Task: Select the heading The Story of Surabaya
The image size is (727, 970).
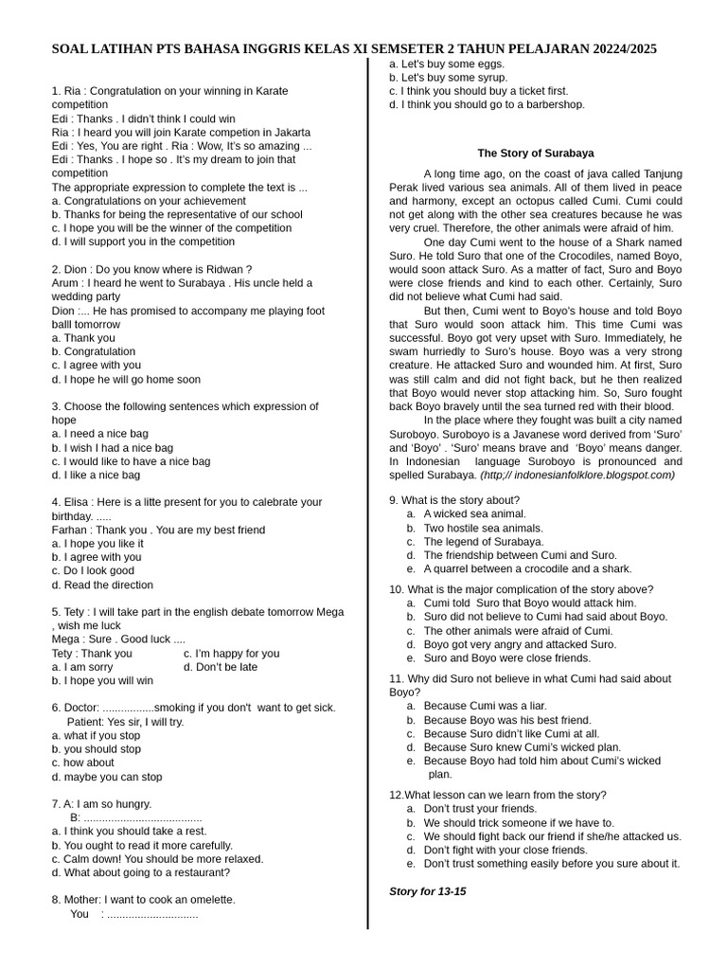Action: click(x=536, y=153)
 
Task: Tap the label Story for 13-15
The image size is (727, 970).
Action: click(x=427, y=891)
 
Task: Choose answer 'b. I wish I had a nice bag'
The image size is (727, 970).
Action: click(x=113, y=447)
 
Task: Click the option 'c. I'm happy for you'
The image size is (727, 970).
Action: click(x=231, y=653)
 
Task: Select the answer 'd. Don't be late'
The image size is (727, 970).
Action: click(x=220, y=667)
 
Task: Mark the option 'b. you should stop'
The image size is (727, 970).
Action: click(x=96, y=748)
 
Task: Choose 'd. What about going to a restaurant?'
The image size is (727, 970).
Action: click(x=157, y=872)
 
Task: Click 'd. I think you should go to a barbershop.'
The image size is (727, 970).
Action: click(x=487, y=104)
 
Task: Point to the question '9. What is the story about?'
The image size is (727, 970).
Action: click(x=453, y=499)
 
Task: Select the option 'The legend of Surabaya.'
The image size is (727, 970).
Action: click(x=483, y=541)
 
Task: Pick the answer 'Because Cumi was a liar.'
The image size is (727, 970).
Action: click(x=485, y=706)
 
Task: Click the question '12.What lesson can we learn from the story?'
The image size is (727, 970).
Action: click(x=498, y=795)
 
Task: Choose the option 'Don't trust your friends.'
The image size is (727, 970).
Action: click(x=480, y=809)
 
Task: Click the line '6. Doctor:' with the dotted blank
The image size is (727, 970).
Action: click(x=193, y=708)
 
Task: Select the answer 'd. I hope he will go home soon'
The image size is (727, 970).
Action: click(x=126, y=379)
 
